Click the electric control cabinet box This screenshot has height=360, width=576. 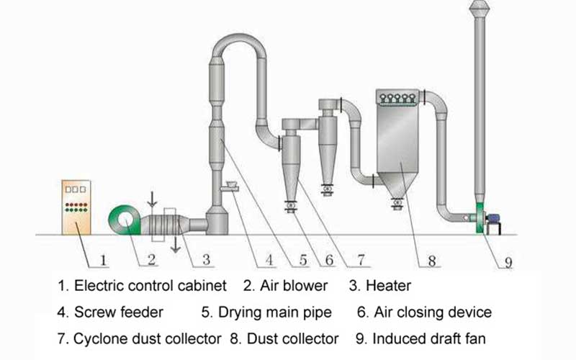[73, 206]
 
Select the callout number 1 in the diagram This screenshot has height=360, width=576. [103, 258]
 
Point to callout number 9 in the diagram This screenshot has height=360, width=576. [508, 262]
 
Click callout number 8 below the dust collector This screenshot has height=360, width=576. [432, 261]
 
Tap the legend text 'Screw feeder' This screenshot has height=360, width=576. [120, 312]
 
